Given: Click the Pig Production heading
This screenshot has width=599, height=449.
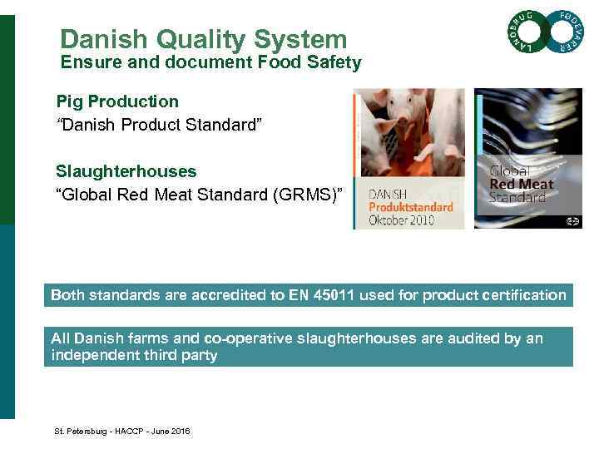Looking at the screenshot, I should click(117, 101).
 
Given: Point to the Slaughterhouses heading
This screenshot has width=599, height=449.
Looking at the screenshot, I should click(126, 171).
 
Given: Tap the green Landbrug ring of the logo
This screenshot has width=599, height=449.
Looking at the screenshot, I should click(523, 36).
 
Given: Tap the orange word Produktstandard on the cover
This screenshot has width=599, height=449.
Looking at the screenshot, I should click(410, 205).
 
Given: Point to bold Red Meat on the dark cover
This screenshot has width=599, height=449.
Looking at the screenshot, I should click(522, 185).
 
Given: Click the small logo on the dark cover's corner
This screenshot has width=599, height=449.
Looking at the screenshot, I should click(572, 220).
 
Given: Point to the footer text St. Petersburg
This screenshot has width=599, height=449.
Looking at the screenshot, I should click(81, 432).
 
